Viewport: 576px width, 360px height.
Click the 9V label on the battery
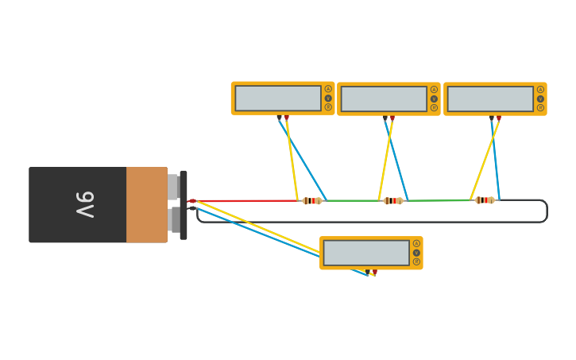[85, 204]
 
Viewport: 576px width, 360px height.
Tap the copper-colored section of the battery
[146, 204]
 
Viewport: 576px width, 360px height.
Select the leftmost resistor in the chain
[311, 201]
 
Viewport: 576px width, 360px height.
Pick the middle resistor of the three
[393, 201]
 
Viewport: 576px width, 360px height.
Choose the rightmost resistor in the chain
[485, 200]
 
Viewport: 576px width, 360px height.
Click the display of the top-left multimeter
[278, 99]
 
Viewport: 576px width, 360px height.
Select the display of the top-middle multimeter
[384, 99]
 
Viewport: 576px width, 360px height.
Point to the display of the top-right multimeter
[490, 99]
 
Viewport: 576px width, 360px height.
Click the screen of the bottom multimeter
[366, 253]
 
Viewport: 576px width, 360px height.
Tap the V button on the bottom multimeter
[416, 253]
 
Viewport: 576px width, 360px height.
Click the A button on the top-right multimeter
[540, 90]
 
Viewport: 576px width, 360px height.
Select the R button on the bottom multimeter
[416, 261]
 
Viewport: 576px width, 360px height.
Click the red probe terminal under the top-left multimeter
[287, 118]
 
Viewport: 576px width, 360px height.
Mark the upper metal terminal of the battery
[172, 187]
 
